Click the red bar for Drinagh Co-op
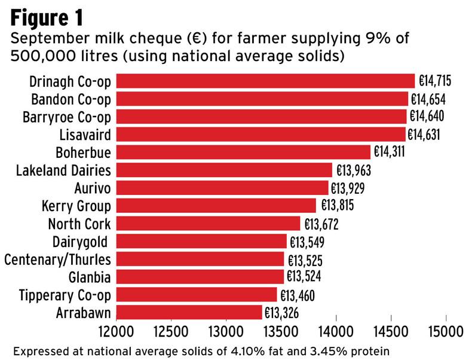tap(265, 81)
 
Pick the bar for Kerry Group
tap(215, 206)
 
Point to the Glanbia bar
tap(200, 277)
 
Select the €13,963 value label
tap(354, 170)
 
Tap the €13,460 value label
tap(297, 295)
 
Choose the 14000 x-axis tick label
tap(336, 331)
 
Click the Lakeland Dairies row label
tap(63, 170)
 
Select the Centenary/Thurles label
tap(57, 260)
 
